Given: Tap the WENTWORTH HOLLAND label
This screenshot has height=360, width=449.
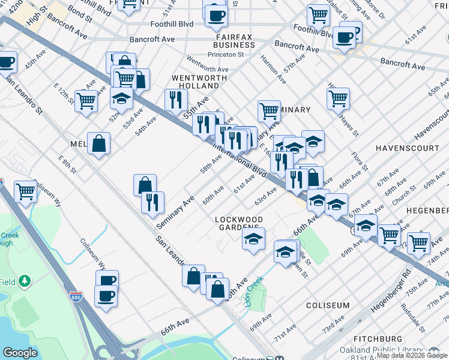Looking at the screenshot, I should pyautogui.click(x=199, y=82).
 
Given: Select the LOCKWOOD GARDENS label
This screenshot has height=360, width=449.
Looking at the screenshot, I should pyautogui.click(x=239, y=224).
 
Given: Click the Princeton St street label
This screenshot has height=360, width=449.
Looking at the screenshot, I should pyautogui.click(x=225, y=55).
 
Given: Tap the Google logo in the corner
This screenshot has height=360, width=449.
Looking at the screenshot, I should pyautogui.click(x=20, y=353).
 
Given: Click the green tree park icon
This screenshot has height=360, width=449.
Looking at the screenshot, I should pyautogui.click(x=25, y=281).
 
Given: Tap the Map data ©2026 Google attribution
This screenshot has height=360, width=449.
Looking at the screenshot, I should pyautogui.click(x=412, y=355).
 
